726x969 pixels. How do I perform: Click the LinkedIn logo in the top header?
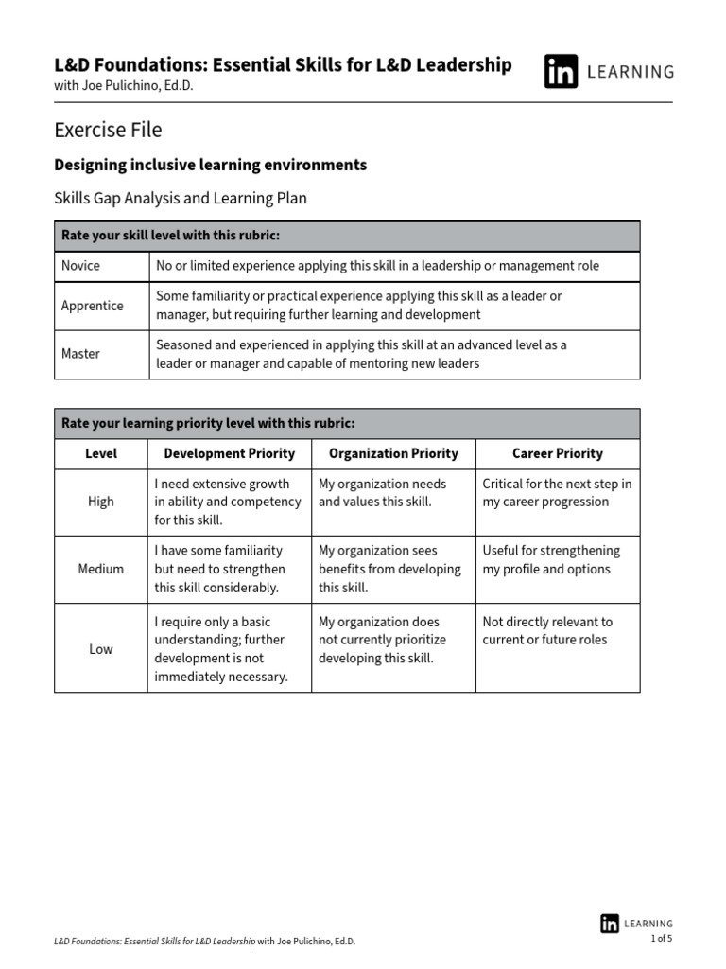(x=561, y=71)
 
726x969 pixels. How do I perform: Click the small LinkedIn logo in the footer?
(x=610, y=924)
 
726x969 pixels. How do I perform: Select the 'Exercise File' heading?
(x=108, y=130)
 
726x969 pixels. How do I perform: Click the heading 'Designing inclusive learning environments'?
(x=210, y=165)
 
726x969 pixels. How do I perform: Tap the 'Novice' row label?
(x=80, y=266)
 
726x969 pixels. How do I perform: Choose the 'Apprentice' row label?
(x=92, y=306)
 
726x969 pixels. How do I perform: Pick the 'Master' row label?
(x=80, y=354)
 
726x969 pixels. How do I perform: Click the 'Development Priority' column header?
(x=229, y=453)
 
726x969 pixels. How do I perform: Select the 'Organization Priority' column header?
(x=393, y=453)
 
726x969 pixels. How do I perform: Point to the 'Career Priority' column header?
(x=557, y=453)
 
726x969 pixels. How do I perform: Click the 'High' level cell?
(x=100, y=502)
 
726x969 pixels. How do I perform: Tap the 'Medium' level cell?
(x=100, y=569)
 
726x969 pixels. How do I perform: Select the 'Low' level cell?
(x=100, y=649)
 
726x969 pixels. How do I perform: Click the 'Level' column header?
(x=100, y=453)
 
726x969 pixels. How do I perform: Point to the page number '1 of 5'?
(x=661, y=939)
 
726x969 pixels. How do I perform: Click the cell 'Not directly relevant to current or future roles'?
(x=547, y=631)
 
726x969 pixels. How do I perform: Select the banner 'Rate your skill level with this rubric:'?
(x=170, y=236)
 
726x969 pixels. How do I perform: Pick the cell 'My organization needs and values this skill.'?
(x=382, y=493)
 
